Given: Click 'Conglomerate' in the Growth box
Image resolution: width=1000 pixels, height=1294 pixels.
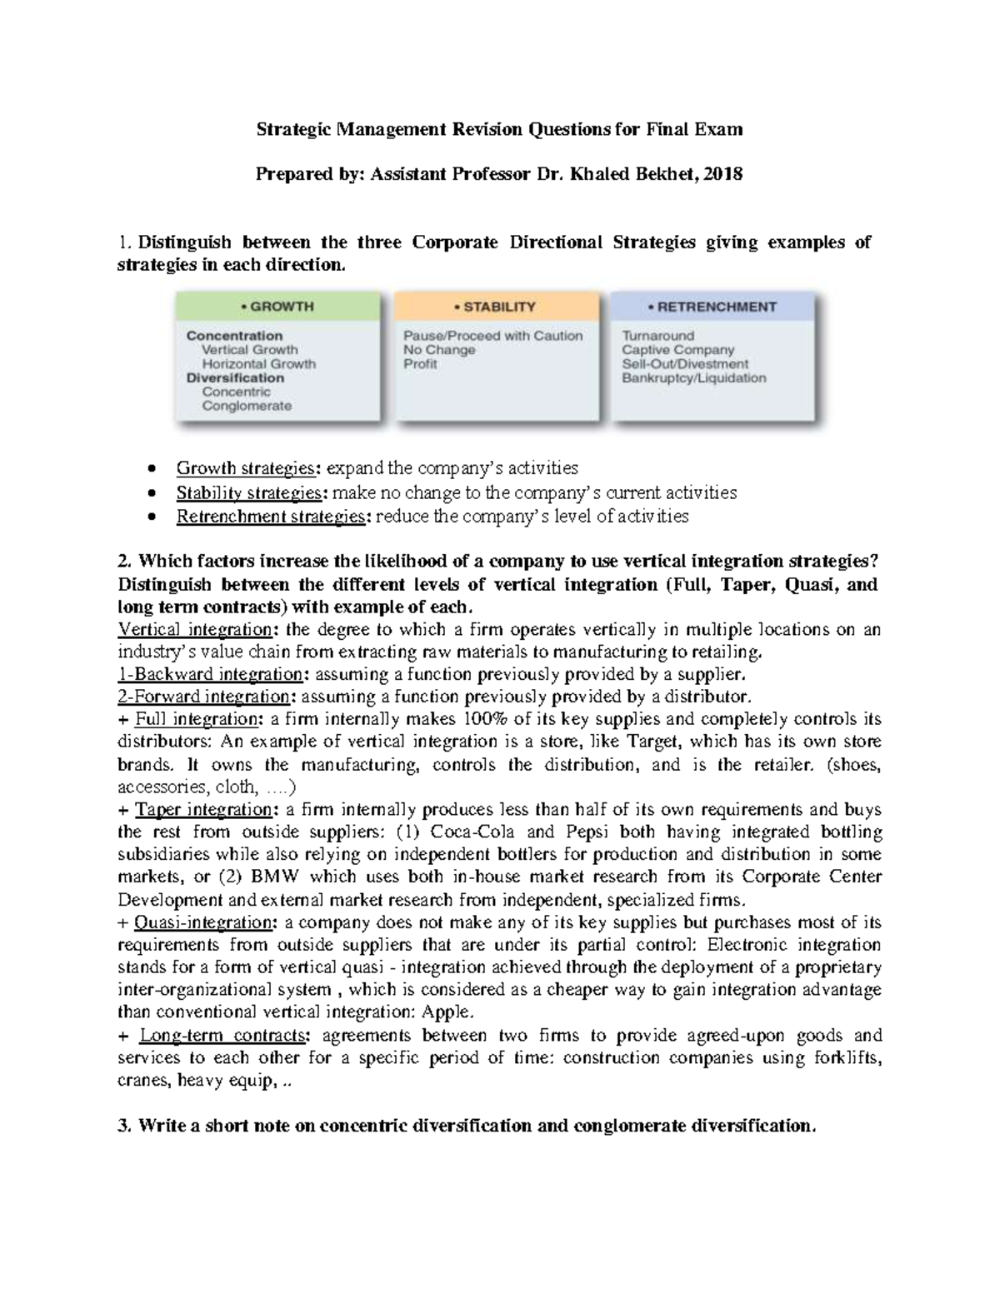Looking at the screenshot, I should click(247, 406).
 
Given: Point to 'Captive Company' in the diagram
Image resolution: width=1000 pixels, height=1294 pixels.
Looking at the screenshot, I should click(677, 350).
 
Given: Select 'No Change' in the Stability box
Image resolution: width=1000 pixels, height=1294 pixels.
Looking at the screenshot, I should click(438, 350).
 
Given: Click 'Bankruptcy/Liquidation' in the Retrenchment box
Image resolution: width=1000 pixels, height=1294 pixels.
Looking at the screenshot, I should click(693, 378).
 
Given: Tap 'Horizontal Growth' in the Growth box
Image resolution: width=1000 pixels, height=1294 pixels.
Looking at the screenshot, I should click(258, 364).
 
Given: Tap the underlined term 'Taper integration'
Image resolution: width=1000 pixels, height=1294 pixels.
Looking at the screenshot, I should click(203, 810).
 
